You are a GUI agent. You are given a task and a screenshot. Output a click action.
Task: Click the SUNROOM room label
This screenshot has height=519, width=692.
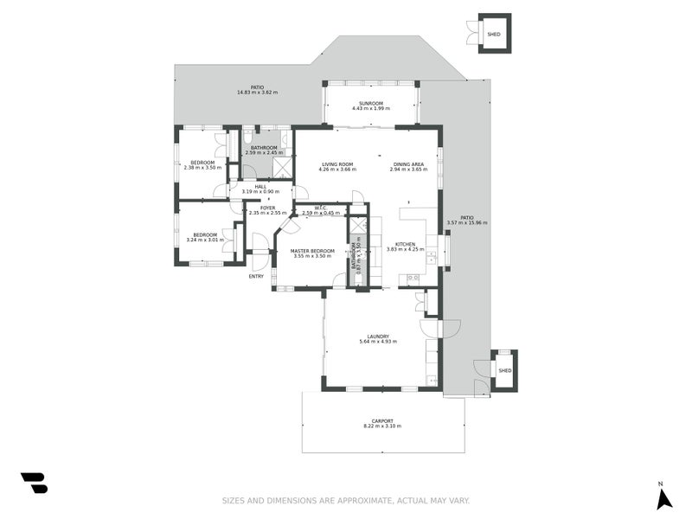[370, 103]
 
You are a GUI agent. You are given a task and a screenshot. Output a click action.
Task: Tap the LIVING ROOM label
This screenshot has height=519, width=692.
[337, 164]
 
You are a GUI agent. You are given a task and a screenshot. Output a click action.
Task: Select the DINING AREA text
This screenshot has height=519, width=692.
[408, 164]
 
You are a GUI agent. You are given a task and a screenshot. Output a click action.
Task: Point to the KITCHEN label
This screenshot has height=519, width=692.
[406, 244]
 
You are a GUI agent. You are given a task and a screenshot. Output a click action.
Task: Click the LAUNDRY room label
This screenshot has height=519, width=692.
[377, 336]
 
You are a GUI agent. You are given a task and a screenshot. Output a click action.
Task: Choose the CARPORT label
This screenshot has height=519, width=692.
[382, 420]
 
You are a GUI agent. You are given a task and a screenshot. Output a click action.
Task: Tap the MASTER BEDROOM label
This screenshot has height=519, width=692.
[312, 251]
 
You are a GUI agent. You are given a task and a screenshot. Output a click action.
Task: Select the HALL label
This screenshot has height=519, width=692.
[260, 186]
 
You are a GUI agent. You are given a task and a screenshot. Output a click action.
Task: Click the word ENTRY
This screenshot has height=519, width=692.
[256, 276]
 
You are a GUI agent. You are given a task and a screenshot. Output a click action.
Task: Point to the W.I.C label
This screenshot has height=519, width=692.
[319, 208]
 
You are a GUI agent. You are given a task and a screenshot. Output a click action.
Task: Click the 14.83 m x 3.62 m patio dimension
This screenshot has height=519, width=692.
[257, 93]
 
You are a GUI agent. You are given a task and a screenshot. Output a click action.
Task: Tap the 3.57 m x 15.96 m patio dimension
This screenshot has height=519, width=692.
[467, 223]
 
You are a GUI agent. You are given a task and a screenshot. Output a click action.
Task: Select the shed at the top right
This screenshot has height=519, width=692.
[494, 34]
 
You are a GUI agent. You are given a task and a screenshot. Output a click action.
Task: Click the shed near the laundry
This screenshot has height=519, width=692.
[504, 370]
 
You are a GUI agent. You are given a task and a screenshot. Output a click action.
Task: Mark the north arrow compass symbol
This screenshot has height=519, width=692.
[663, 498]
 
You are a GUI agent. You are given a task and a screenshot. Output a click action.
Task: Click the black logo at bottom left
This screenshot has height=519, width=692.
[34, 483]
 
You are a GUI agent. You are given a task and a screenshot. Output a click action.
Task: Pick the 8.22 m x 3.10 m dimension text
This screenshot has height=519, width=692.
[382, 426]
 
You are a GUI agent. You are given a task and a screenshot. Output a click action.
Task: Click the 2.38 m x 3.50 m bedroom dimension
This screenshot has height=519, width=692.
[203, 168]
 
